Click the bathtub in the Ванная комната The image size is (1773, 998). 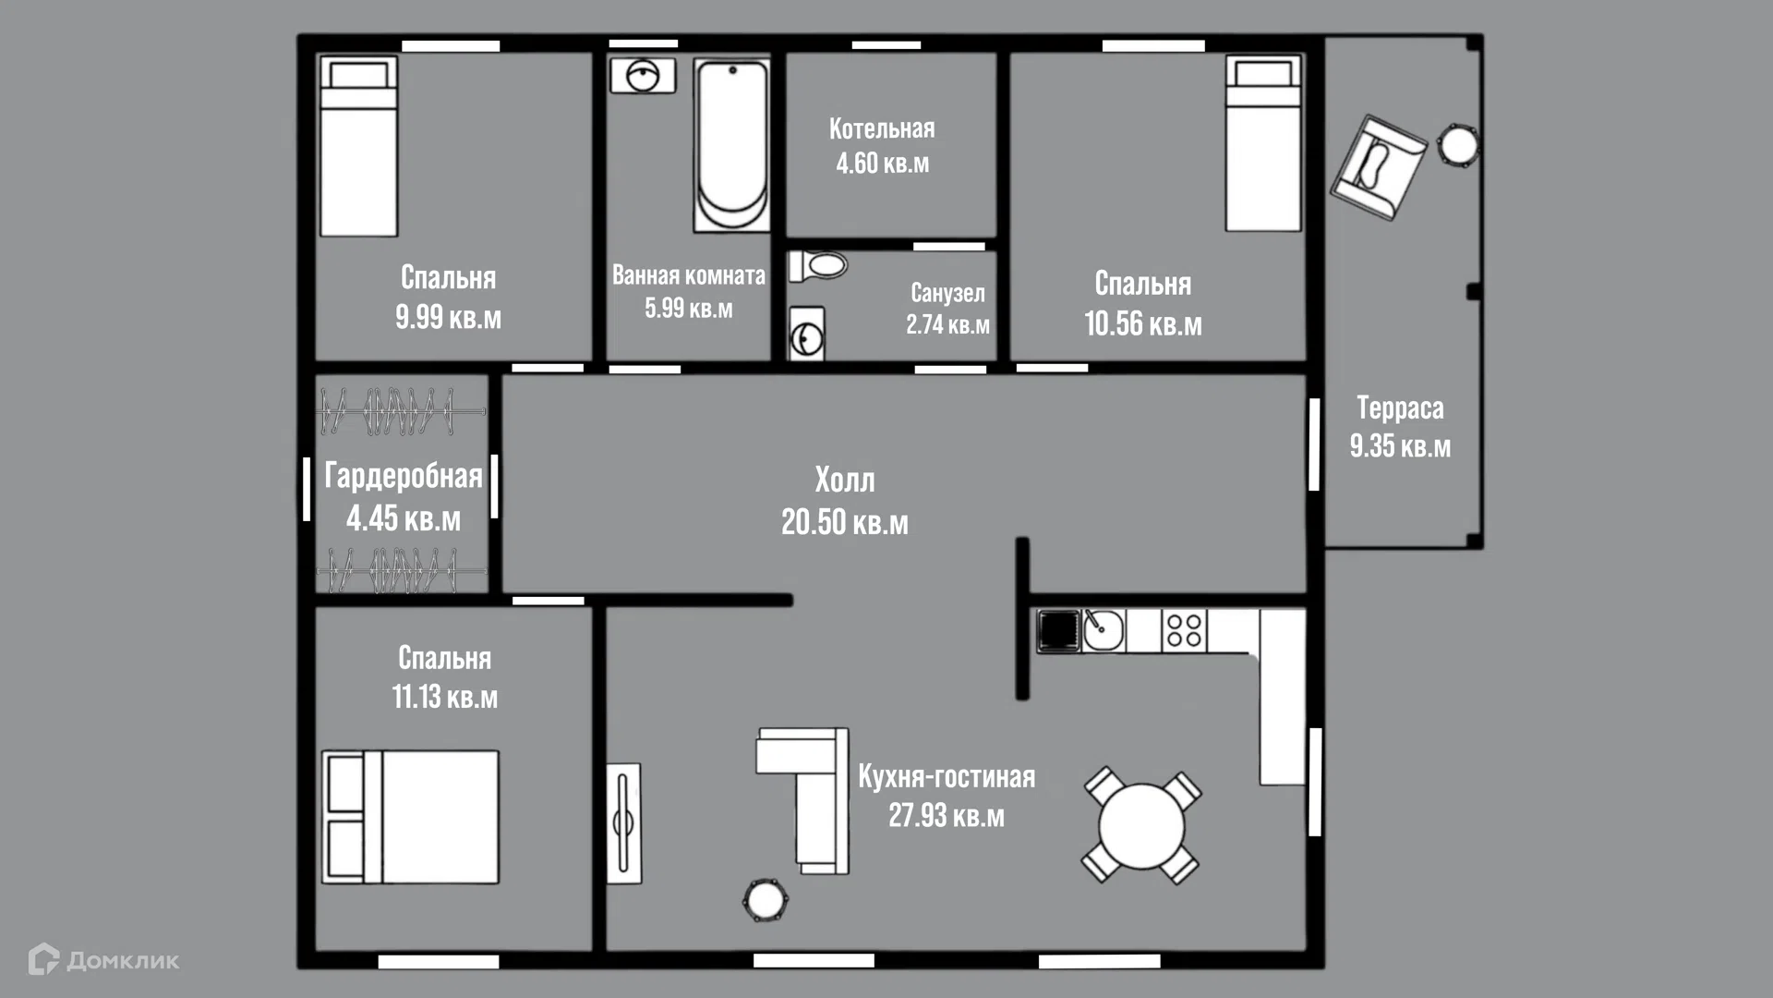pyautogui.click(x=731, y=146)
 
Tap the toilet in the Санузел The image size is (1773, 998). pyautogui.click(x=818, y=266)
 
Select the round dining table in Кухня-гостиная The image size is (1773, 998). pyautogui.click(x=1141, y=825)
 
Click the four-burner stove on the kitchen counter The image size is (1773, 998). pyautogui.click(x=1184, y=631)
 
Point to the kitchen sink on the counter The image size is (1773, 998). pyautogui.click(x=1103, y=631)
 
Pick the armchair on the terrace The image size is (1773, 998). pyautogui.click(x=1378, y=167)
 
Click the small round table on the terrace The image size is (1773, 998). pyautogui.click(x=1458, y=145)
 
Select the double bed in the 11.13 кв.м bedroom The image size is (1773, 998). pyautogui.click(x=410, y=817)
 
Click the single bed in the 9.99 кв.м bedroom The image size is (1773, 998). pyautogui.click(x=358, y=146)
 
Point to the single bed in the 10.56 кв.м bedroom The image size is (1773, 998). pyautogui.click(x=1263, y=143)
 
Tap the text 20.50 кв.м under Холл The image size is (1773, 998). pyautogui.click(x=845, y=522)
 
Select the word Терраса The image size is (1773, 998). pyautogui.click(x=1400, y=408)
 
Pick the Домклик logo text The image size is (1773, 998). pyautogui.click(x=123, y=961)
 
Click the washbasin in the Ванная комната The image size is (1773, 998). pyautogui.click(x=643, y=76)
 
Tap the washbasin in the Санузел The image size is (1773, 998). pyautogui.click(x=806, y=335)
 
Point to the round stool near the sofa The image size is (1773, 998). pyautogui.click(x=765, y=898)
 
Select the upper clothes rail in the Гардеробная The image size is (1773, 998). pyautogui.click(x=401, y=412)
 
